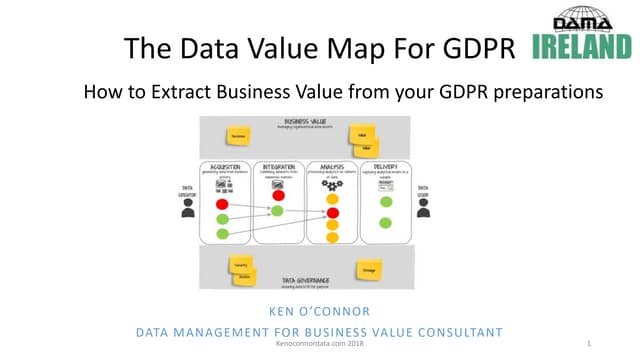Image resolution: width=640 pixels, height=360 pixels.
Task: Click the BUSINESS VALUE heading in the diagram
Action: (x=305, y=122)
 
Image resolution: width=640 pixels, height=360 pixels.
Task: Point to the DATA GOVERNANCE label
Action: (x=306, y=280)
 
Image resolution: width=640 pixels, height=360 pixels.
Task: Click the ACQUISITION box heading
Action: (x=223, y=166)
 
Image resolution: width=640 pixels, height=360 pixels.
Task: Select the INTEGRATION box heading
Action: (x=277, y=166)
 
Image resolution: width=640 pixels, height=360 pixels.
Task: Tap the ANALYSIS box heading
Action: (x=331, y=166)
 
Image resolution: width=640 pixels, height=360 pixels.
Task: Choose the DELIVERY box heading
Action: (x=385, y=166)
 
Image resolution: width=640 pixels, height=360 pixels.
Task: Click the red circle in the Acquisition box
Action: (x=223, y=204)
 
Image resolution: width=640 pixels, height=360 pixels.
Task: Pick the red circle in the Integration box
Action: (x=277, y=196)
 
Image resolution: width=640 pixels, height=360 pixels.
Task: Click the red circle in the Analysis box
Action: (x=332, y=212)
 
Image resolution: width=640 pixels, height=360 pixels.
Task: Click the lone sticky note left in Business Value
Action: (x=238, y=135)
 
